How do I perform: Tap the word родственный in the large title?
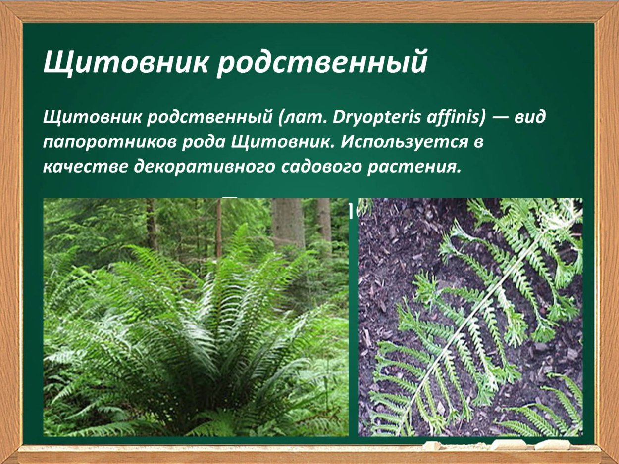pyautogui.click(x=322, y=63)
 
